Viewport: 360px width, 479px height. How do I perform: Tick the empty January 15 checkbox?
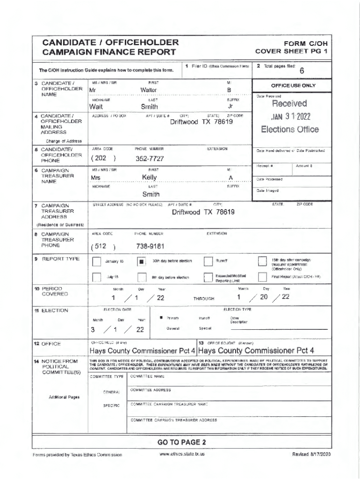coord(96,262)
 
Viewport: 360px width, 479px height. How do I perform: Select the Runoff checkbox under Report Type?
coord(209,261)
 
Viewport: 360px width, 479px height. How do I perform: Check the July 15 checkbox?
coord(96,277)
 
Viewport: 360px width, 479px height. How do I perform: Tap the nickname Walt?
coord(96,107)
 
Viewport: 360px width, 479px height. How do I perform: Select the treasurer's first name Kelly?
coord(150,177)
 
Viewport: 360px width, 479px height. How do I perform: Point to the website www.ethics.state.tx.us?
coord(181,454)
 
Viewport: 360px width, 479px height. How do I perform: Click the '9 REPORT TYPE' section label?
coord(59,259)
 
